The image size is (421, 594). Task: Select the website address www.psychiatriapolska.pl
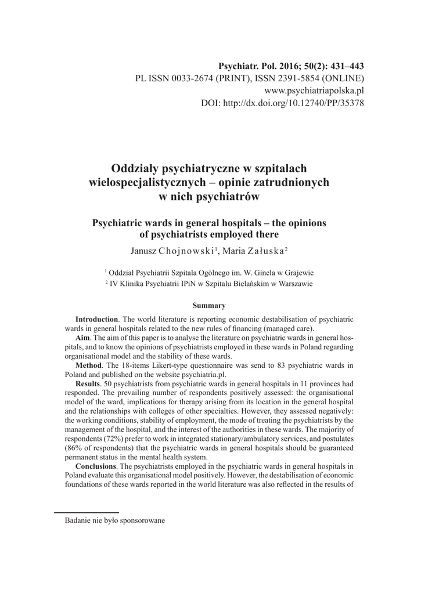click(x=314, y=90)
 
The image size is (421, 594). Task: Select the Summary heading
click(x=208, y=305)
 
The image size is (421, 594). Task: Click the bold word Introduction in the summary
click(x=97, y=320)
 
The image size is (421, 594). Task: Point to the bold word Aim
click(x=83, y=338)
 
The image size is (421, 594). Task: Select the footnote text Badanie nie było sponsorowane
click(x=115, y=520)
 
